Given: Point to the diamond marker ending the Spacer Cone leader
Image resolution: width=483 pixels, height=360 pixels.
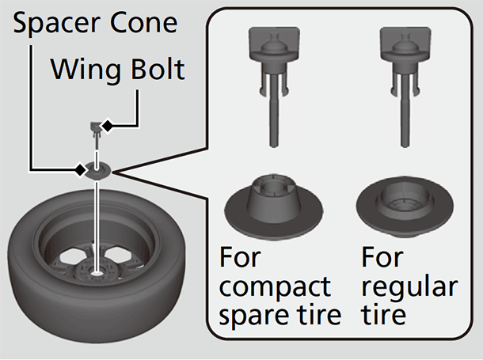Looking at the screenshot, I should pos(80,169).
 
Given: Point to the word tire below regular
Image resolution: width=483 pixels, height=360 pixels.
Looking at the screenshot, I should pos(383,316).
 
